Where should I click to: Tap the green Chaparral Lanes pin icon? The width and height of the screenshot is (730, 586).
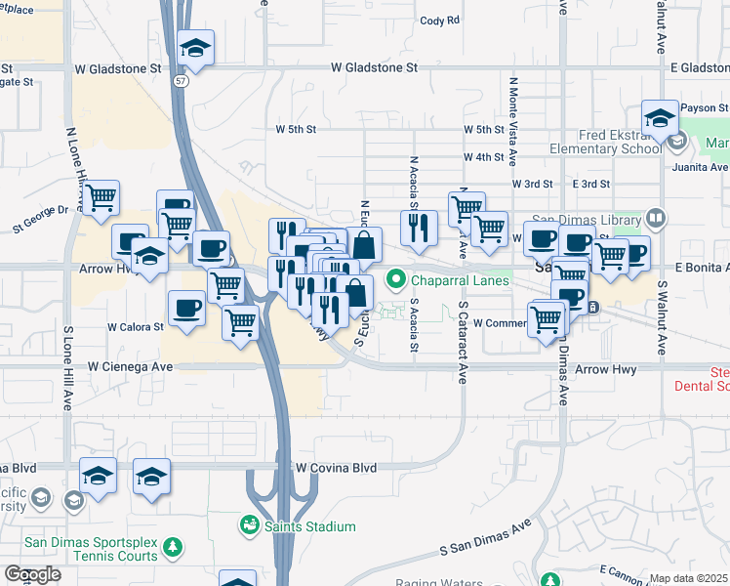(x=396, y=281)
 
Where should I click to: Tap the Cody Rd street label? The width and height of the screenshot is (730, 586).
(x=439, y=21)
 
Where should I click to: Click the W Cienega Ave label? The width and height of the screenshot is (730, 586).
(x=130, y=366)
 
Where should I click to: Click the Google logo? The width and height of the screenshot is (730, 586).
(x=33, y=574)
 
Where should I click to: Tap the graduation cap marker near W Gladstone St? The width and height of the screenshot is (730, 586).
(x=196, y=49)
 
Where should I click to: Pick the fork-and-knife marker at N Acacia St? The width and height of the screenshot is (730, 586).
(x=419, y=228)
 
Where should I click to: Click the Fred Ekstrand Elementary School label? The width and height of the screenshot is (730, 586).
(x=598, y=143)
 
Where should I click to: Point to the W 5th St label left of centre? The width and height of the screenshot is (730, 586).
(x=297, y=129)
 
